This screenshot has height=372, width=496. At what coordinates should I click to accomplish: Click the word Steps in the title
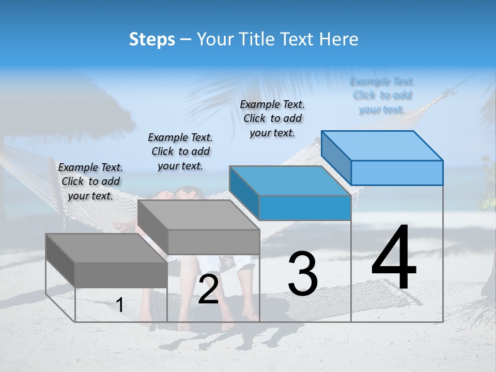[152, 39]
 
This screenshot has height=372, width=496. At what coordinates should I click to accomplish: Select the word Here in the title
[338, 39]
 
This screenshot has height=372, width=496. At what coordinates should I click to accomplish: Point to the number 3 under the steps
[302, 274]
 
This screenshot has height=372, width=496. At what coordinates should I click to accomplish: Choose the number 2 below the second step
[208, 289]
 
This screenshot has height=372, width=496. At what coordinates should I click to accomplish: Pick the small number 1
[120, 305]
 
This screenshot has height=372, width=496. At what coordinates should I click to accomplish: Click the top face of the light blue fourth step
[382, 146]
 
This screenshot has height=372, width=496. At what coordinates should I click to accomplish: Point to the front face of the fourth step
[397, 173]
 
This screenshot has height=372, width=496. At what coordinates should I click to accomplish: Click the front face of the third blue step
[305, 208]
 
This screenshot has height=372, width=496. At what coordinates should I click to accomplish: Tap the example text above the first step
[91, 181]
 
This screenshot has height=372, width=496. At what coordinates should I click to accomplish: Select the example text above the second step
[180, 151]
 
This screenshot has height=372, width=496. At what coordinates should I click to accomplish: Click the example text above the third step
[272, 118]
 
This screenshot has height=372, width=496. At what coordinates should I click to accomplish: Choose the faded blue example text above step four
[382, 95]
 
